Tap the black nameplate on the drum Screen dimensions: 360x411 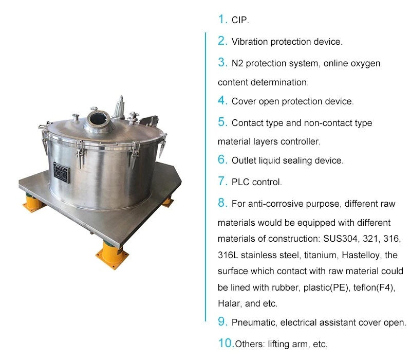click(x=64, y=171)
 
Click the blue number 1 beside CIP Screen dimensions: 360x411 click(x=222, y=20)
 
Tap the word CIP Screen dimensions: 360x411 click(x=240, y=21)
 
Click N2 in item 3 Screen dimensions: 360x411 click(x=238, y=63)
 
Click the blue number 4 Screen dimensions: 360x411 click(x=222, y=100)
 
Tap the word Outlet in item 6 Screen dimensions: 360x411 click(x=244, y=160)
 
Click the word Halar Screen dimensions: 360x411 click(x=229, y=303)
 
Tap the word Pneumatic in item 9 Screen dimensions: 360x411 click(x=253, y=323)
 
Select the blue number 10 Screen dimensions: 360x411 click(x=226, y=343)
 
